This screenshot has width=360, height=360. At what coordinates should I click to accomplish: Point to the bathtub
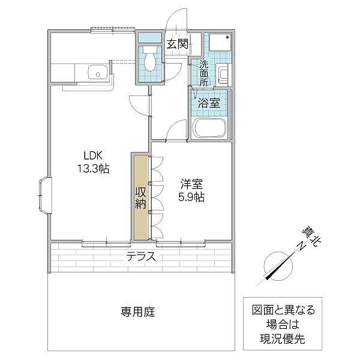pos(209,128)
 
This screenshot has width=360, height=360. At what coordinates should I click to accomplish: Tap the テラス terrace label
pos(141,257)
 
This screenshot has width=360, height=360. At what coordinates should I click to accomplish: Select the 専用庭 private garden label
pos(138,312)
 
